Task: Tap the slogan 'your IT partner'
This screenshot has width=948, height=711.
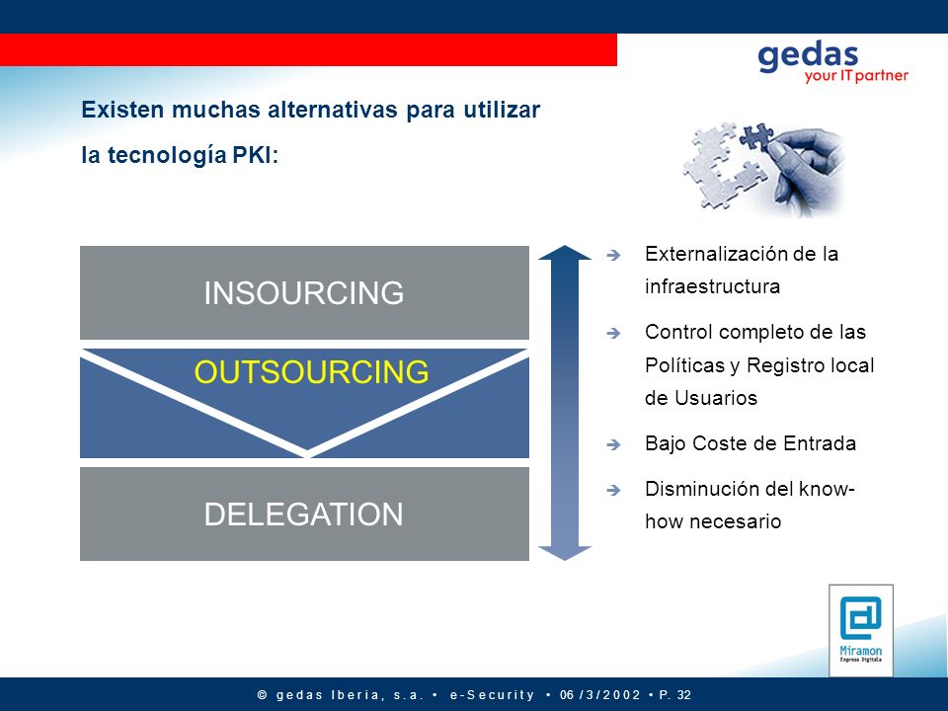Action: pyautogui.click(x=856, y=76)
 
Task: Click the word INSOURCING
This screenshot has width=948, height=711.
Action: pyautogui.click(x=303, y=293)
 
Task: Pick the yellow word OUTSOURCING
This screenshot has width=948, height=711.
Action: pyautogui.click(x=311, y=372)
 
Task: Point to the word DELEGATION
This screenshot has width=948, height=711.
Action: pyautogui.click(x=303, y=514)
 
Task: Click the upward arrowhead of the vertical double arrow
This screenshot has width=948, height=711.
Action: pyautogui.click(x=565, y=253)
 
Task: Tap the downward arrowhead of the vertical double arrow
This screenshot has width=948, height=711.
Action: pyautogui.click(x=565, y=553)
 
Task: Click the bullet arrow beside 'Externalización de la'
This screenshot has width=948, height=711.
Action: pyautogui.click(x=613, y=255)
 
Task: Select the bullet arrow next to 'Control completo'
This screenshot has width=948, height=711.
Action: pyautogui.click(x=613, y=333)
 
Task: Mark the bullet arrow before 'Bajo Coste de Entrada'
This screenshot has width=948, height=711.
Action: pyautogui.click(x=613, y=445)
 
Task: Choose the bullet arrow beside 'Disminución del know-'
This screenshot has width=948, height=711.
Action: pyautogui.click(x=613, y=490)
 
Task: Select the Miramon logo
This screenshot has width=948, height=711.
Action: pyautogui.click(x=861, y=630)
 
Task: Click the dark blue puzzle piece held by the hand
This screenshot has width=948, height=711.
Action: pyautogui.click(x=757, y=136)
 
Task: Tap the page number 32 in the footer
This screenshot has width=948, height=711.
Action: pyautogui.click(x=683, y=694)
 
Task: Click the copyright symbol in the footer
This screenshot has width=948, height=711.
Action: pyautogui.click(x=263, y=695)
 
